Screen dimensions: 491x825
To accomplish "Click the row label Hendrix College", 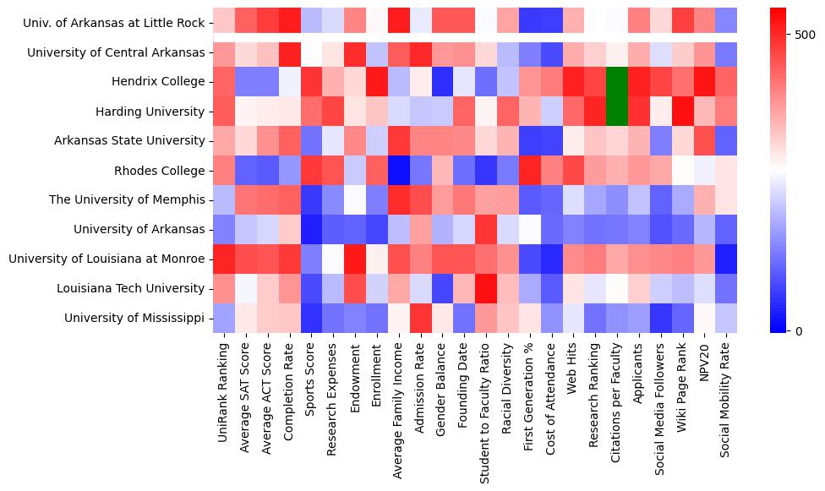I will (x=158, y=82).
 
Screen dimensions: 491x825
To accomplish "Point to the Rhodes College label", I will (x=160, y=171).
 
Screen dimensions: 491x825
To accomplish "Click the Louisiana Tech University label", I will (x=130, y=289).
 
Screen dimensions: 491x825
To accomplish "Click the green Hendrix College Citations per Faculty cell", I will (x=618, y=82).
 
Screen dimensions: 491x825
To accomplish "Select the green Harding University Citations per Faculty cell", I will (x=618, y=112).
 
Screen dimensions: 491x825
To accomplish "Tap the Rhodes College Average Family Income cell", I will (x=399, y=171).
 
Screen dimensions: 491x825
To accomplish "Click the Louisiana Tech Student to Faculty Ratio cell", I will (x=486, y=289).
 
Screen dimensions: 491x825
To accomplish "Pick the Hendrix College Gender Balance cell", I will (x=442, y=82).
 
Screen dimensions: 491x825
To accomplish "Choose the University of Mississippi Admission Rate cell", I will (x=421, y=319).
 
